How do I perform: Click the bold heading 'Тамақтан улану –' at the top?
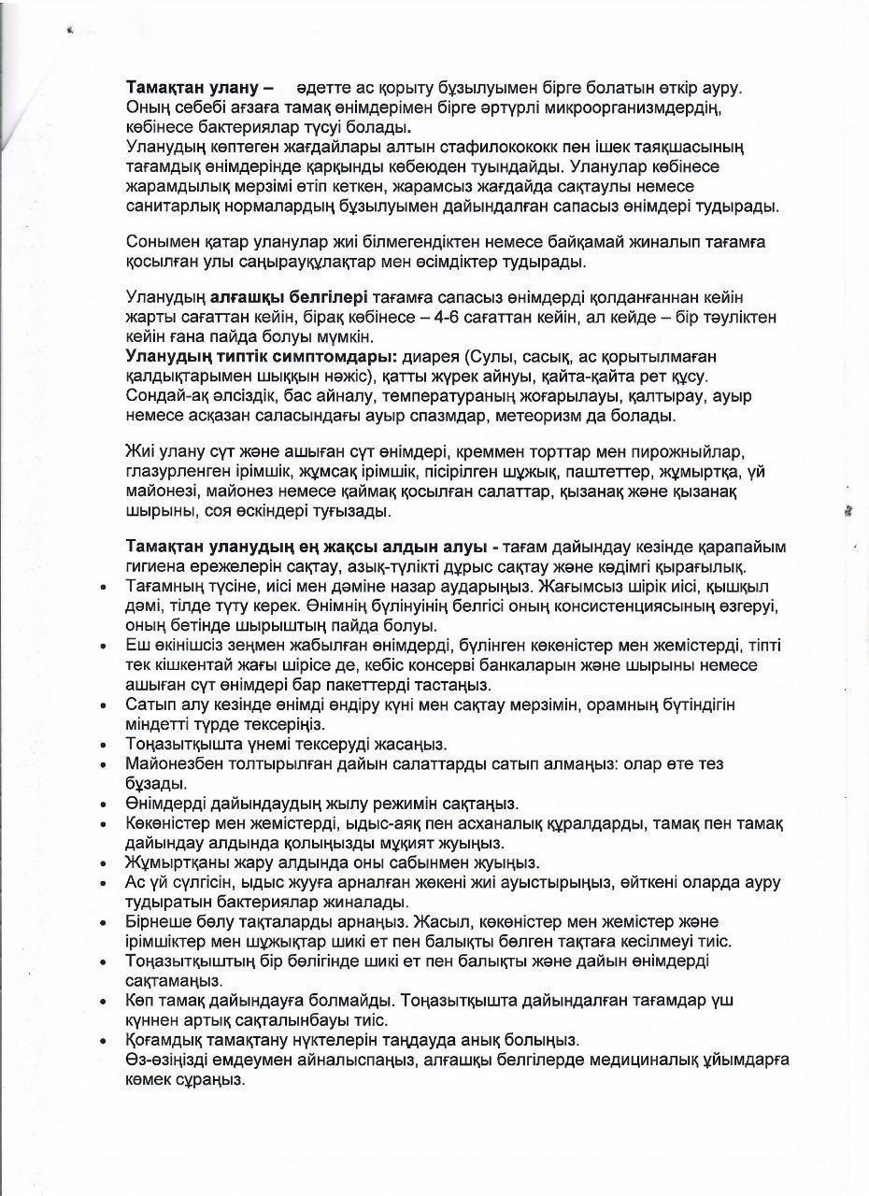point(199,87)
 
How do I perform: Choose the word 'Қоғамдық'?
point(165,1040)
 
